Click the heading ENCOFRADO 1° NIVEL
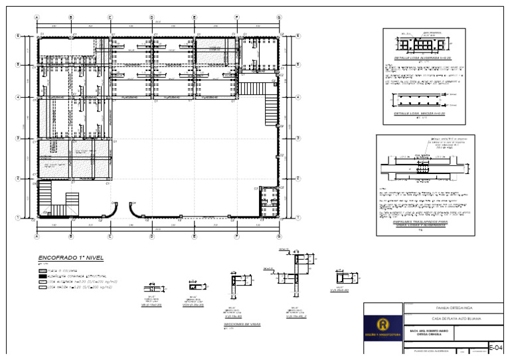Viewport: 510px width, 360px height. point(70,258)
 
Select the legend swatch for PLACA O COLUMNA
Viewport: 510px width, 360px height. point(43,271)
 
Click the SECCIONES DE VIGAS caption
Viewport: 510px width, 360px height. point(242,325)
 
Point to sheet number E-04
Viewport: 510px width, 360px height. point(495,347)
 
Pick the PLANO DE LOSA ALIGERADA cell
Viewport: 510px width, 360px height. point(432,350)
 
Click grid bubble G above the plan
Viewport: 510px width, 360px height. point(279,17)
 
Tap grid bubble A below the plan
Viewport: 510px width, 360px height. point(37,236)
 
